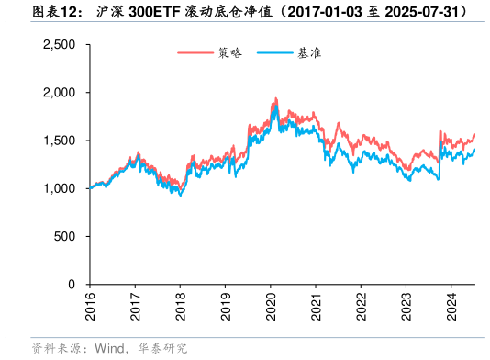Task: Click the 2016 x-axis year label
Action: point(90,306)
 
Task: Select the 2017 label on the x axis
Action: point(135,306)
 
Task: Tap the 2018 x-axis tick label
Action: point(180,306)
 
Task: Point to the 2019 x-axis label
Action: point(226,306)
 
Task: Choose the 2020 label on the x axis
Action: point(271,306)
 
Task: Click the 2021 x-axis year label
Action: point(316,306)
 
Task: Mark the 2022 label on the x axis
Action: point(361,306)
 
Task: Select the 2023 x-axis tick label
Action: point(406,306)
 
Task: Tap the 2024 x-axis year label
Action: point(451,306)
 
